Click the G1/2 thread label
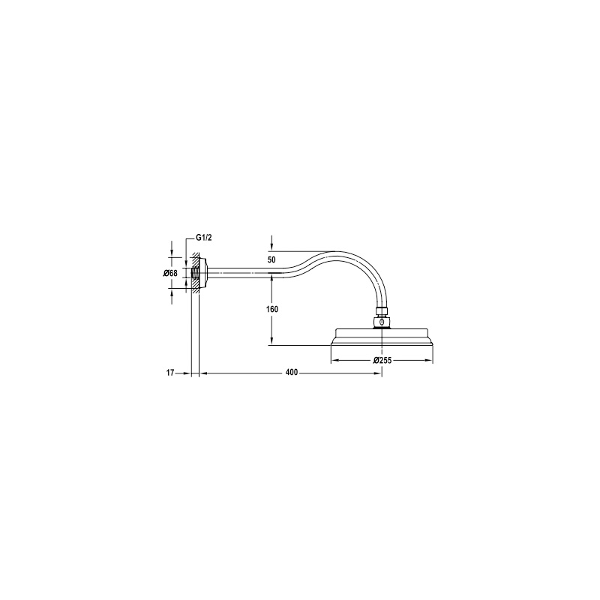click(203, 237)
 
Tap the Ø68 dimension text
click(171, 273)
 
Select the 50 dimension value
click(271, 259)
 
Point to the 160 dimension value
click(271, 309)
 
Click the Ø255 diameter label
click(382, 360)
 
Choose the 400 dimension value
click(292, 373)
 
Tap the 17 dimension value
click(170, 373)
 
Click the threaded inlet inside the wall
click(195, 273)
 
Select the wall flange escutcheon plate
click(203, 273)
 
